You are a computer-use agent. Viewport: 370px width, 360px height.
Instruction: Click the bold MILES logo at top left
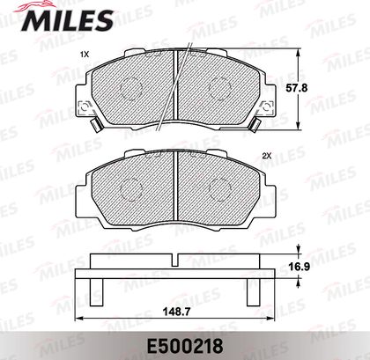[x=67, y=19]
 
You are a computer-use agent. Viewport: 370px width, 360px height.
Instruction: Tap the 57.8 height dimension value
[x=297, y=88]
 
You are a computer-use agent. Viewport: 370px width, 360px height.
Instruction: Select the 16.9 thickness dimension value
[x=299, y=267]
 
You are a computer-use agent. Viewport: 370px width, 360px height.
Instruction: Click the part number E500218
[x=185, y=346]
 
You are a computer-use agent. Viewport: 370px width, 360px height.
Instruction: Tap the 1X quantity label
[x=85, y=55]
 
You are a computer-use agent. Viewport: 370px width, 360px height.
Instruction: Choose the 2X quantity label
[x=267, y=157]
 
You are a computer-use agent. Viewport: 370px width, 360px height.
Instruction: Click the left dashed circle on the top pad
[x=131, y=88]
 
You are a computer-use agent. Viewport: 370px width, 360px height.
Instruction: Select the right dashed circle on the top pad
[x=220, y=88]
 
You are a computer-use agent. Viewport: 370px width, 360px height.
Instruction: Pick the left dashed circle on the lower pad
[x=131, y=189]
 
